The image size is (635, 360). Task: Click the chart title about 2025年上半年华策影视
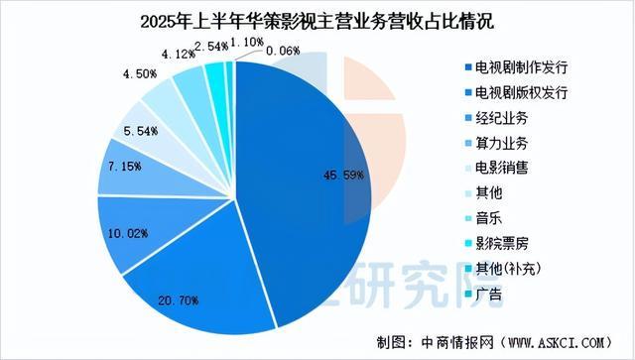pos(317,19)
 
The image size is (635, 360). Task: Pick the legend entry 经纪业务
pos(501,117)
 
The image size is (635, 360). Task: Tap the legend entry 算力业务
pos(501,143)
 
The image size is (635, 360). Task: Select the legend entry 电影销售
pos(501,168)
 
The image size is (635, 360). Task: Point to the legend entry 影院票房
pos(501,244)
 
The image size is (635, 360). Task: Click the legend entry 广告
pos(489,295)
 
